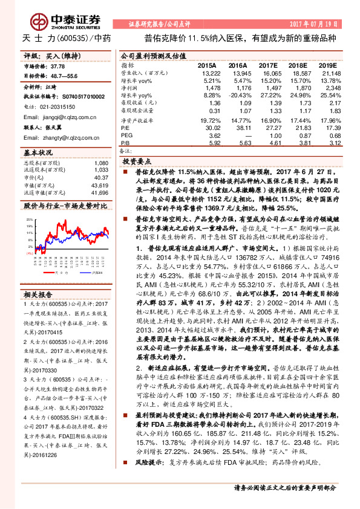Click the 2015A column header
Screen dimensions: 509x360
206,65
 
